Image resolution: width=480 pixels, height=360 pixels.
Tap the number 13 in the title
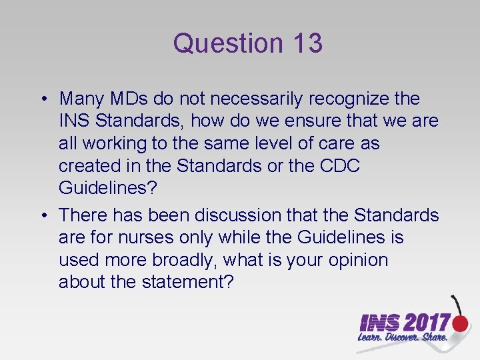click(307, 44)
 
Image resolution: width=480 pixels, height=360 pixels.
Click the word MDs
click(128, 99)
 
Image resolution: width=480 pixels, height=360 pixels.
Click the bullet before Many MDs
click(42, 99)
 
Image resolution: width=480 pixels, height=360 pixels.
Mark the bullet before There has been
click(42, 215)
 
